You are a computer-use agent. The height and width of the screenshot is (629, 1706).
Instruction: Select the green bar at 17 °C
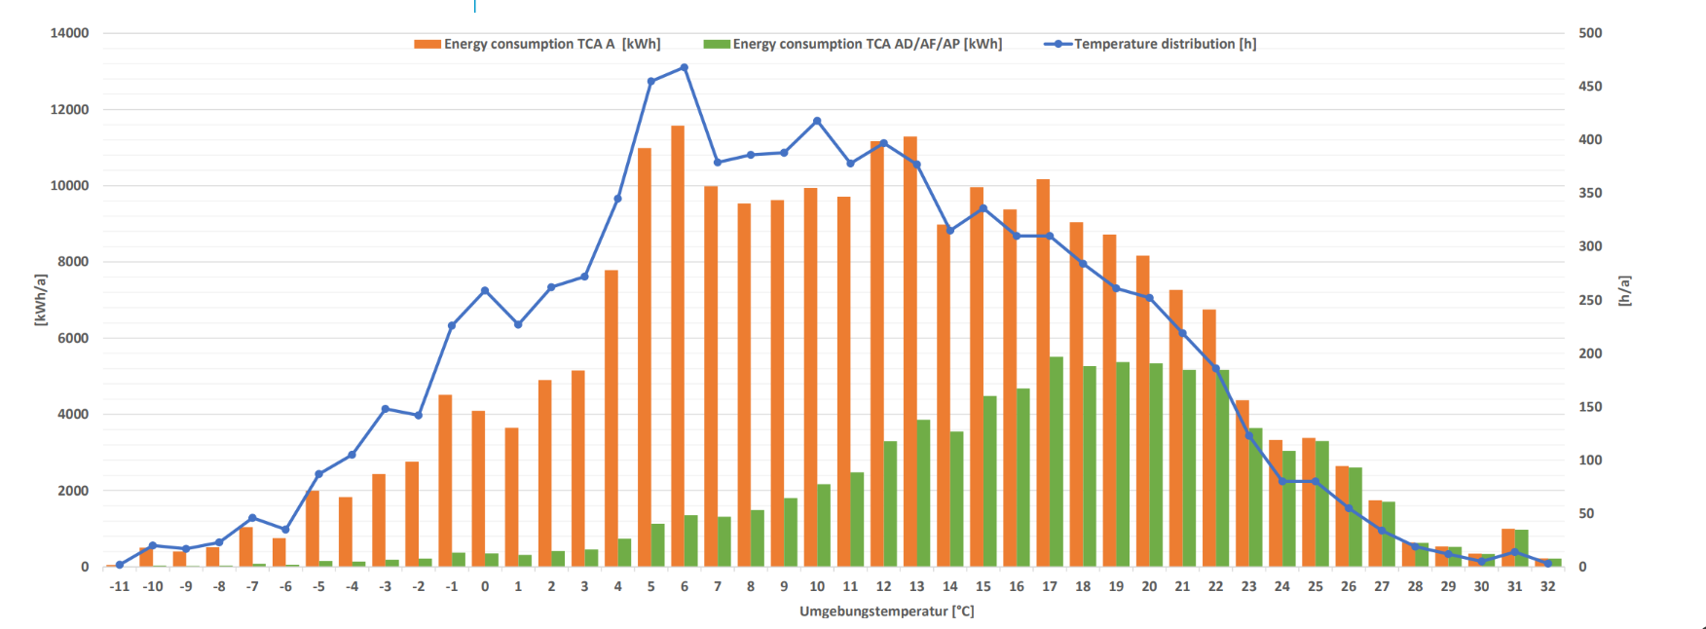point(1057,462)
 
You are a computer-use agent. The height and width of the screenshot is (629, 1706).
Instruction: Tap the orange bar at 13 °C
point(910,351)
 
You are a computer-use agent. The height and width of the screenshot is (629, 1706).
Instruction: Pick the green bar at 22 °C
point(1222,468)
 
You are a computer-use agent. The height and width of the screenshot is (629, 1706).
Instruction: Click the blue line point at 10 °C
point(817,122)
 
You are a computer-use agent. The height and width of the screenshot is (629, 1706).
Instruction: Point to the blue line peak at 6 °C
point(685,68)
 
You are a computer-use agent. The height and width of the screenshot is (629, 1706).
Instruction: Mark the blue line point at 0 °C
point(485,291)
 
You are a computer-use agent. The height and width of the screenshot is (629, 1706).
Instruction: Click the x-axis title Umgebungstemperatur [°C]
point(886,611)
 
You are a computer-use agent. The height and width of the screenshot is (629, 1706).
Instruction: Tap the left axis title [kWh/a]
point(40,300)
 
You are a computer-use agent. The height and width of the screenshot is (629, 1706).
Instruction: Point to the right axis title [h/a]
point(1623,291)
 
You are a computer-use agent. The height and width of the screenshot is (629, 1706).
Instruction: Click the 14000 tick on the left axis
point(69,33)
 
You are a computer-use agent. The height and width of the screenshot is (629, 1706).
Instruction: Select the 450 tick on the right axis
point(1590,87)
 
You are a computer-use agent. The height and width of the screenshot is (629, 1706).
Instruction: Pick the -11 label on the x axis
point(119,586)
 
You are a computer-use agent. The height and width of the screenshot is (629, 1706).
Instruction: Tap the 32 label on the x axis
point(1547,586)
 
